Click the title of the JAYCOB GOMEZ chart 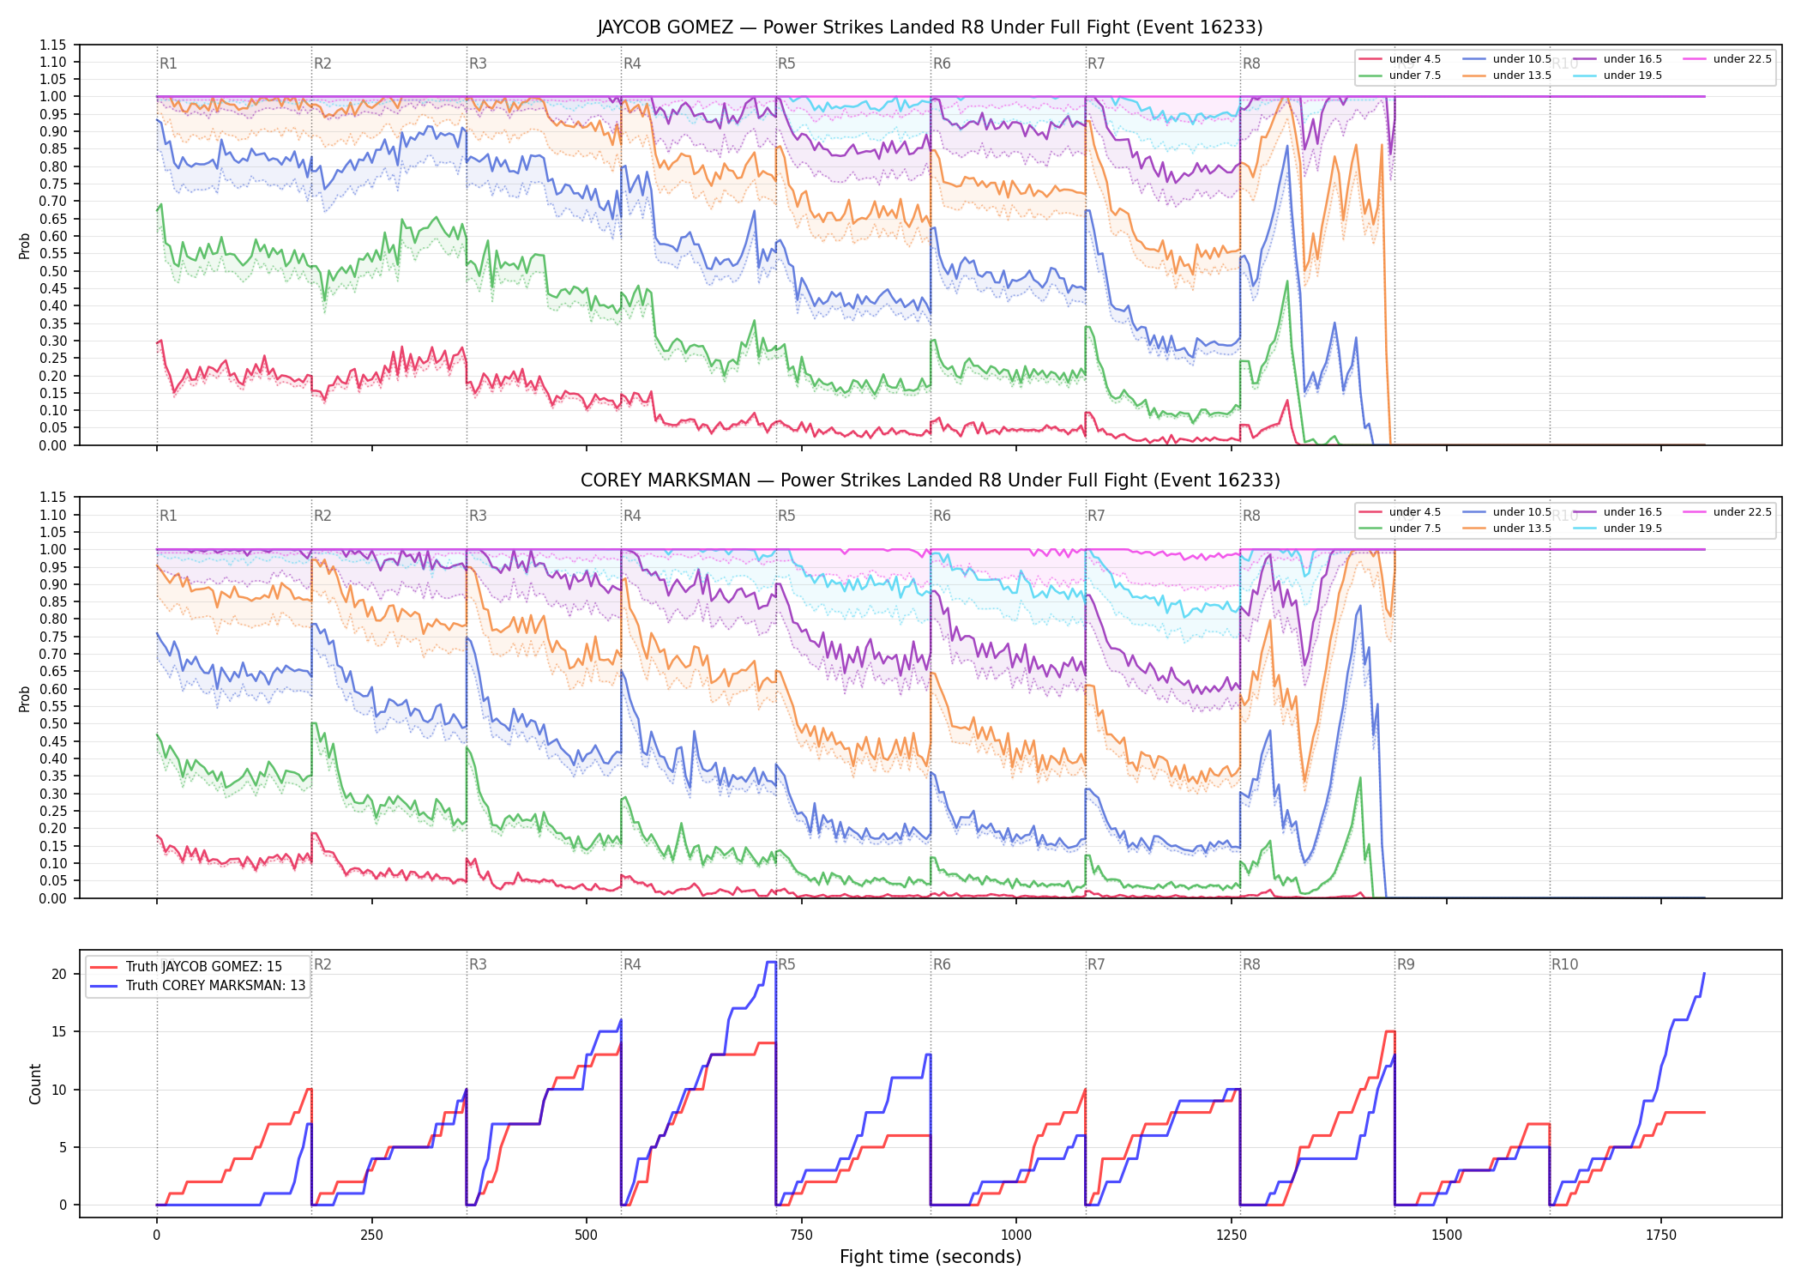click(930, 27)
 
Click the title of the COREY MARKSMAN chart click(930, 480)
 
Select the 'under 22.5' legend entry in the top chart click(1742, 59)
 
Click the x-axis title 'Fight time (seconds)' click(931, 1257)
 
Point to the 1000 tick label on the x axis click(1016, 1235)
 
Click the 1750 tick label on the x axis click(1661, 1235)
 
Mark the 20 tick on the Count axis click(59, 974)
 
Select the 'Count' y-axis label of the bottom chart click(35, 1084)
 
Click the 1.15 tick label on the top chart click(52, 45)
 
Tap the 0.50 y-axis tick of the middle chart click(52, 724)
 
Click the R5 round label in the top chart click(786, 63)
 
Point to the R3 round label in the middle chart click(478, 516)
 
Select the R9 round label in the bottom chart click(1406, 964)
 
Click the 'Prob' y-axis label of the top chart click(25, 245)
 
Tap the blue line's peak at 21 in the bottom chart click(771, 962)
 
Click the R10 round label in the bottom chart click(1564, 964)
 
